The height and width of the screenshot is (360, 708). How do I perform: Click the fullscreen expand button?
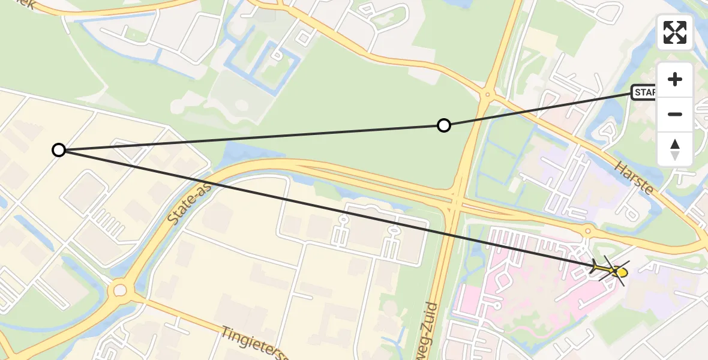pyautogui.click(x=675, y=32)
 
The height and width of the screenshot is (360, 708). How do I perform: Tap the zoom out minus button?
pyautogui.click(x=675, y=114)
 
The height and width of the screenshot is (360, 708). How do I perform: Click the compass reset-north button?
pyautogui.click(x=675, y=149)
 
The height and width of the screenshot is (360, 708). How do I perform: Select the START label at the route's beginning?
pyautogui.click(x=644, y=92)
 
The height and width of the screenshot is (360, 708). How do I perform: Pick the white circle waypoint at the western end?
pyautogui.click(x=58, y=150)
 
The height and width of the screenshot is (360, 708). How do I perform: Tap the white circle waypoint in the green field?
pyautogui.click(x=443, y=125)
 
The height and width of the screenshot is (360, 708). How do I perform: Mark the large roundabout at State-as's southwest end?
pyautogui.click(x=120, y=291)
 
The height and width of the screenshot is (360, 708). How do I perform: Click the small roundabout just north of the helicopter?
pyautogui.click(x=588, y=230)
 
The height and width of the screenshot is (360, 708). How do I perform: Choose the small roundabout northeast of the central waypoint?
pyautogui.click(x=487, y=94)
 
